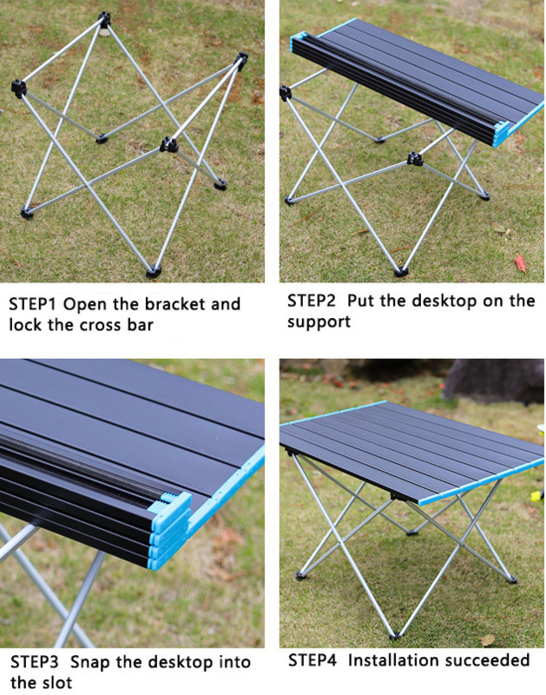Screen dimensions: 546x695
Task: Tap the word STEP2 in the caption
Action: [x=312, y=301]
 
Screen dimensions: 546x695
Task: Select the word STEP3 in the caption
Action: [x=35, y=662]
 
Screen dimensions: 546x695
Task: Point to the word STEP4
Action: [x=312, y=660]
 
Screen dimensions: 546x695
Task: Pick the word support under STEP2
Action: [x=319, y=321]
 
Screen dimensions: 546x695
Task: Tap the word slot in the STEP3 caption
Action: [x=56, y=683]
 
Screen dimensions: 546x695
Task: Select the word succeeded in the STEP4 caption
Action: [x=488, y=660]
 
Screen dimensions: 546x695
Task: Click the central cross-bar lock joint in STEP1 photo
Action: [x=168, y=144]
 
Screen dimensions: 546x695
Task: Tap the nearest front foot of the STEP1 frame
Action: [x=154, y=271]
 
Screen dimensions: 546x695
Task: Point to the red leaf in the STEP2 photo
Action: [x=520, y=264]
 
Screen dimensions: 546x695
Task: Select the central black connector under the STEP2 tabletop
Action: [x=415, y=159]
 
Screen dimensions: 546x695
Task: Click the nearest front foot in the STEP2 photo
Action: [x=401, y=271]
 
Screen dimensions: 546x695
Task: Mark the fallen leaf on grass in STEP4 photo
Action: [x=488, y=639]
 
